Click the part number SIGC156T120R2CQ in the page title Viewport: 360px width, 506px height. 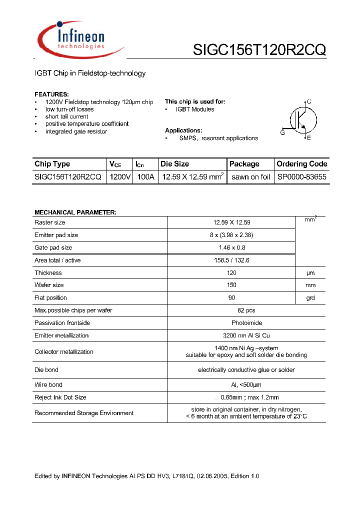[x=259, y=50]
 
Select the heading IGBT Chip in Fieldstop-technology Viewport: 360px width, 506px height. [x=90, y=73]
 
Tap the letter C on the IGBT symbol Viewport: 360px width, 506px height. [x=309, y=101]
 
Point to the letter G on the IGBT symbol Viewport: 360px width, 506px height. [x=282, y=132]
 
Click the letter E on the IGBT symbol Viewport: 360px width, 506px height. [x=309, y=138]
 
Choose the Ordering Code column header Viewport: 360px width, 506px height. [x=301, y=164]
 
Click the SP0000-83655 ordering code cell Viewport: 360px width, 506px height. [x=301, y=177]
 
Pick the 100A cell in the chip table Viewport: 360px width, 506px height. [x=145, y=177]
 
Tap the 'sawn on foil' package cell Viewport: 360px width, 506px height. [x=250, y=177]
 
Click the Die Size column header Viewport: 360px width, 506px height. [x=175, y=164]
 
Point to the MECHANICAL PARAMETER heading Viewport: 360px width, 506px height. [x=75, y=212]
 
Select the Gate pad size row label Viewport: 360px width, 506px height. [x=53, y=247]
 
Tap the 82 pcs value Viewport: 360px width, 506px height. [x=246, y=310]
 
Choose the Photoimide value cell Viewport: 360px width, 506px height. [x=246, y=323]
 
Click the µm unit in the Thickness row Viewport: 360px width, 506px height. [x=310, y=273]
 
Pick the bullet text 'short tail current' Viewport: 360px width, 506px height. [x=67, y=116]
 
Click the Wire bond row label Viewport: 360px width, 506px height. [x=48, y=384]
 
